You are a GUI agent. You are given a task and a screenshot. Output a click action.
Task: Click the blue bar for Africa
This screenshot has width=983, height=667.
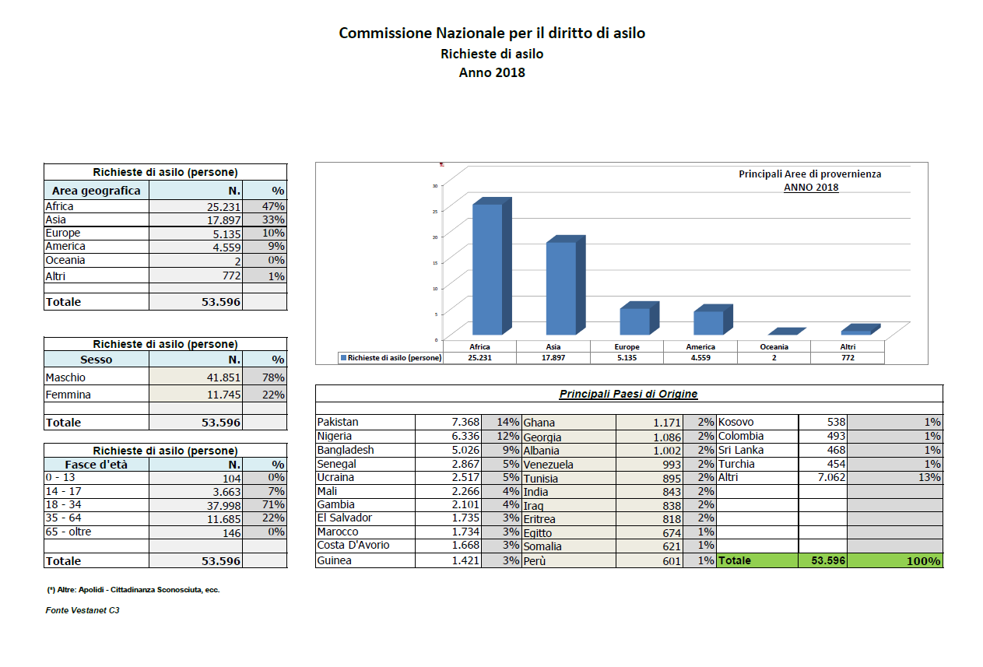(487, 269)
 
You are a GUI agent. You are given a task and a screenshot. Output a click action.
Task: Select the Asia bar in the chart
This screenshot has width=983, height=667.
(560, 287)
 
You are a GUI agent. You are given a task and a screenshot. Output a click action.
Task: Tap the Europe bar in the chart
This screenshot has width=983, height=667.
(634, 321)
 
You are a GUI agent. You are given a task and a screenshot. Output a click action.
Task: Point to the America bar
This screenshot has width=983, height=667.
(708, 322)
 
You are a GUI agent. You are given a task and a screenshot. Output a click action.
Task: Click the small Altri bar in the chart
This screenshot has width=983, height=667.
(855, 332)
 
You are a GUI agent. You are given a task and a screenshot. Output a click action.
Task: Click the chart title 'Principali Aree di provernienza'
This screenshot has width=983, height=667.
(809, 174)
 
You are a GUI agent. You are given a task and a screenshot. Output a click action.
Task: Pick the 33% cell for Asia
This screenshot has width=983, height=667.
(272, 220)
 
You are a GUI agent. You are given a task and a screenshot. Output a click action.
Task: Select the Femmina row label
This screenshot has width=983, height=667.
(68, 395)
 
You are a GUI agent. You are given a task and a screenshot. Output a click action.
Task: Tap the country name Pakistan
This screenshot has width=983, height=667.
(338, 422)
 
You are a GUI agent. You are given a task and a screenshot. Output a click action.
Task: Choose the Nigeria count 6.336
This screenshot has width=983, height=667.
(465, 436)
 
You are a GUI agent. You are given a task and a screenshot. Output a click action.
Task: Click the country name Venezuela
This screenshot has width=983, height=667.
(549, 465)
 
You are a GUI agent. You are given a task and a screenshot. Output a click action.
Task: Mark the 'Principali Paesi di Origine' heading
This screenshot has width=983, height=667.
(628, 394)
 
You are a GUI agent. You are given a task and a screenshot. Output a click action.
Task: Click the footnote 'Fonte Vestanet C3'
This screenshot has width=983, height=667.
(83, 611)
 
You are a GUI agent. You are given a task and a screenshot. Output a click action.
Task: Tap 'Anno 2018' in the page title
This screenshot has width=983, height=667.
(491, 73)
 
